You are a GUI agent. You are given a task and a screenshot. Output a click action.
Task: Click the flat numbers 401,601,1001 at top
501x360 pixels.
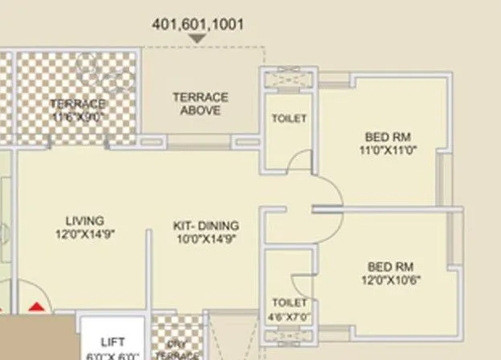click(198, 25)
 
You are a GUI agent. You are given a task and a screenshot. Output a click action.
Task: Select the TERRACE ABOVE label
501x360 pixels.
click(200, 104)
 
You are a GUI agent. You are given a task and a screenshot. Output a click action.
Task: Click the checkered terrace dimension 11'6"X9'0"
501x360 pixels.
click(78, 116)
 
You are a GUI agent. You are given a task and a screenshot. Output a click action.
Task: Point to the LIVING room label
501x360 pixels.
click(85, 221)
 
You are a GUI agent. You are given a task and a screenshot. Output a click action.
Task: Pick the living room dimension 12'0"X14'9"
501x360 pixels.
click(85, 235)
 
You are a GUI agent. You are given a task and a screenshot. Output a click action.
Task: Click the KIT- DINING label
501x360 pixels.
click(206, 227)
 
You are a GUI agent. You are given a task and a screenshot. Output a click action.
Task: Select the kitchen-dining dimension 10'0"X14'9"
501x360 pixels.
click(206, 239)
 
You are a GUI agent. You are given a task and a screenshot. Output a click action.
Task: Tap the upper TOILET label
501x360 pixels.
click(289, 118)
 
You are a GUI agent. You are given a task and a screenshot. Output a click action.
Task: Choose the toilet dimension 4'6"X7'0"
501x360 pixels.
click(289, 315)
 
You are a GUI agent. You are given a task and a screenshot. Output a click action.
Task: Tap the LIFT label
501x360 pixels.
click(113, 342)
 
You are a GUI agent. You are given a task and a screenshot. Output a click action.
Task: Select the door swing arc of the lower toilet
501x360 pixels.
click(299, 281)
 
